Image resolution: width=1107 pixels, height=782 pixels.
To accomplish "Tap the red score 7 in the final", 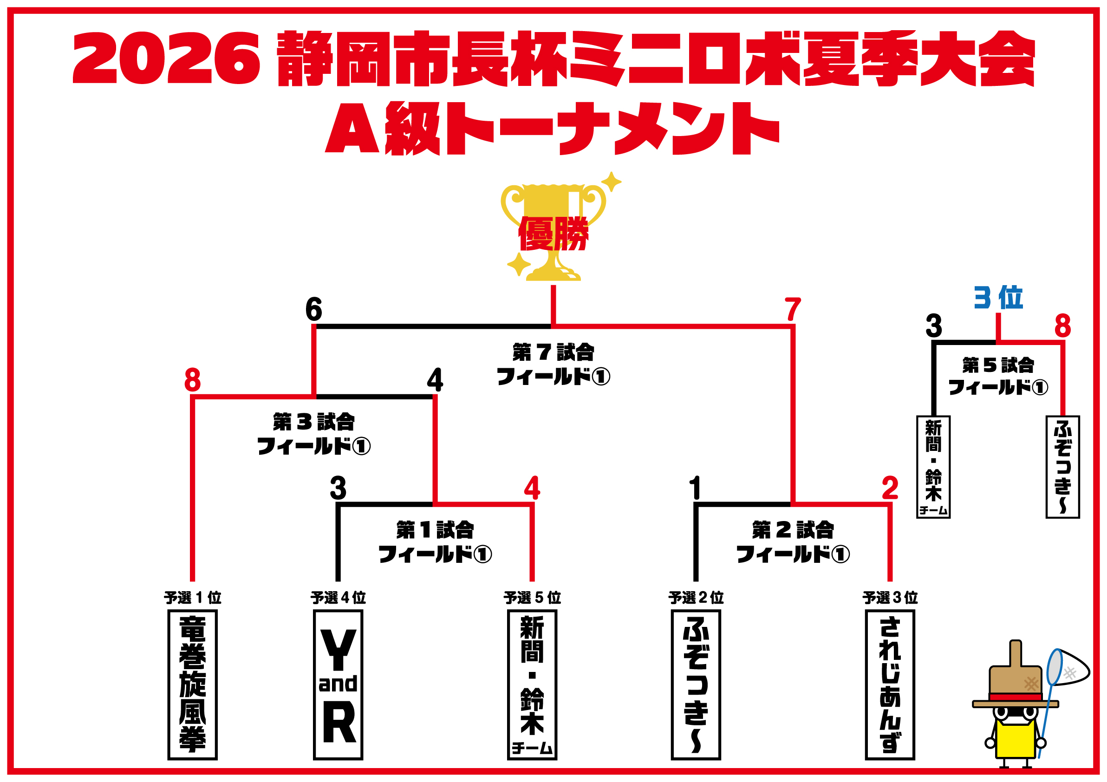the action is (793, 309).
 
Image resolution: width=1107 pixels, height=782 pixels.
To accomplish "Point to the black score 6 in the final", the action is (313, 309).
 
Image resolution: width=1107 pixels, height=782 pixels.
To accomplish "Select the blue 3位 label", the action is (998, 298).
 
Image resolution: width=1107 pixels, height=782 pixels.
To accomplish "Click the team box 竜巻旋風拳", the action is (192, 684).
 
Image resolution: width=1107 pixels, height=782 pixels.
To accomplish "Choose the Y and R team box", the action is (338, 684).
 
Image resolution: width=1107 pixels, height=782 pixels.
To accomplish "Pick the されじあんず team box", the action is (890, 684).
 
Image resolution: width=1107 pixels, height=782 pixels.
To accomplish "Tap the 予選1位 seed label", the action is (192, 598).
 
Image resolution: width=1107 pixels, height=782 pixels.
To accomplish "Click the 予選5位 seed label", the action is (532, 598).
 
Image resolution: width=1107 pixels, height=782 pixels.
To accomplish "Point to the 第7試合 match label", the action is (553, 352).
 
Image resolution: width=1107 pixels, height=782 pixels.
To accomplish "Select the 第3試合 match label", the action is (313, 422).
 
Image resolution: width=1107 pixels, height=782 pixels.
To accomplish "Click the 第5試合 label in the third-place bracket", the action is (998, 365).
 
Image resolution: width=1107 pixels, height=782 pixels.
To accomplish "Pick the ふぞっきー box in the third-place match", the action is (1062, 467).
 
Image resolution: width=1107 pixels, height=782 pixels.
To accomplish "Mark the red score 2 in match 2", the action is (890, 488).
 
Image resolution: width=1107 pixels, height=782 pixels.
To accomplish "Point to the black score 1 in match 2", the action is (695, 488).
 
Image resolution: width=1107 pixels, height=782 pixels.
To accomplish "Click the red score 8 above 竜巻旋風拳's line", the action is (192, 380).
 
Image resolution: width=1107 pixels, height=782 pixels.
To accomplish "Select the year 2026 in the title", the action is (166, 58).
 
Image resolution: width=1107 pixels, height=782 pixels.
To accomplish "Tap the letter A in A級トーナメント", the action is (352, 129).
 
